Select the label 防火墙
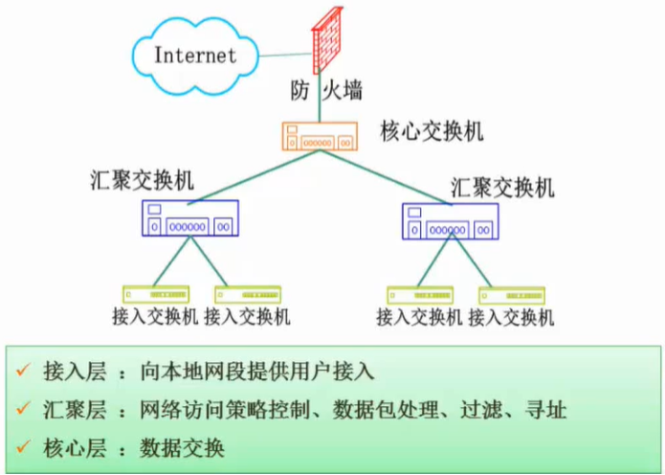327,92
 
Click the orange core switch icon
321,136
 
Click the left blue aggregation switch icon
190,218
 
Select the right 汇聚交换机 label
501,187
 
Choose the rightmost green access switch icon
512,295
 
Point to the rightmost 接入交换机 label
513,317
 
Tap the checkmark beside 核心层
23,447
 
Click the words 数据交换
181,447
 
